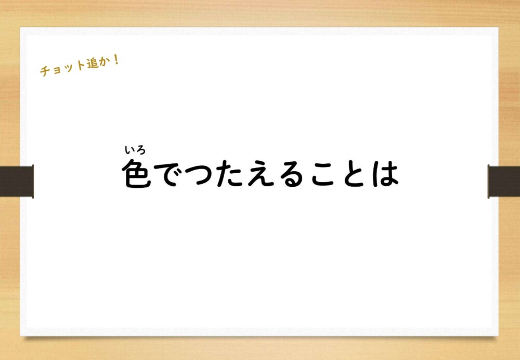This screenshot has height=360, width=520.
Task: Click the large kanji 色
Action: [137, 174]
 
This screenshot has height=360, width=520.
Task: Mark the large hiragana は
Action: [385, 174]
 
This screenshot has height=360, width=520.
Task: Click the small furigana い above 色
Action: [129, 150]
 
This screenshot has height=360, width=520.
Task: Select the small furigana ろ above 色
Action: [140, 150]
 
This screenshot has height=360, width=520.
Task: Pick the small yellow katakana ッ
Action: [66, 67]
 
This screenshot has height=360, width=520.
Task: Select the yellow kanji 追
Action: [92, 63]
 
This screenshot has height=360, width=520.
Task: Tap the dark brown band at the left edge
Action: [17, 182]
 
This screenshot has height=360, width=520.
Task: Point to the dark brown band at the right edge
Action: [504, 182]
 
